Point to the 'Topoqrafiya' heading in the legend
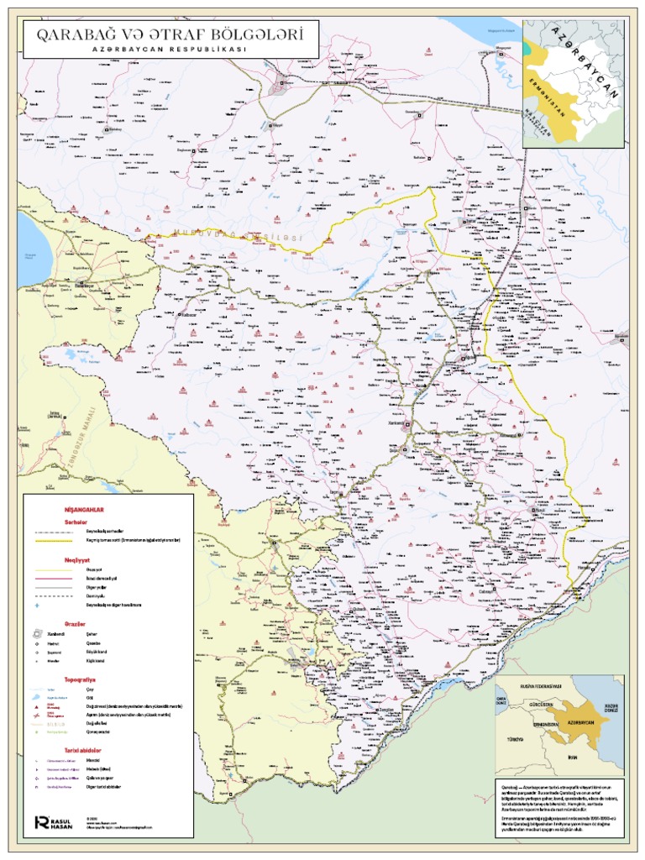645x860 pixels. [81, 677]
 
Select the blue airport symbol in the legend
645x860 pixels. [38, 605]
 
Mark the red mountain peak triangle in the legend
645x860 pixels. [38, 706]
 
